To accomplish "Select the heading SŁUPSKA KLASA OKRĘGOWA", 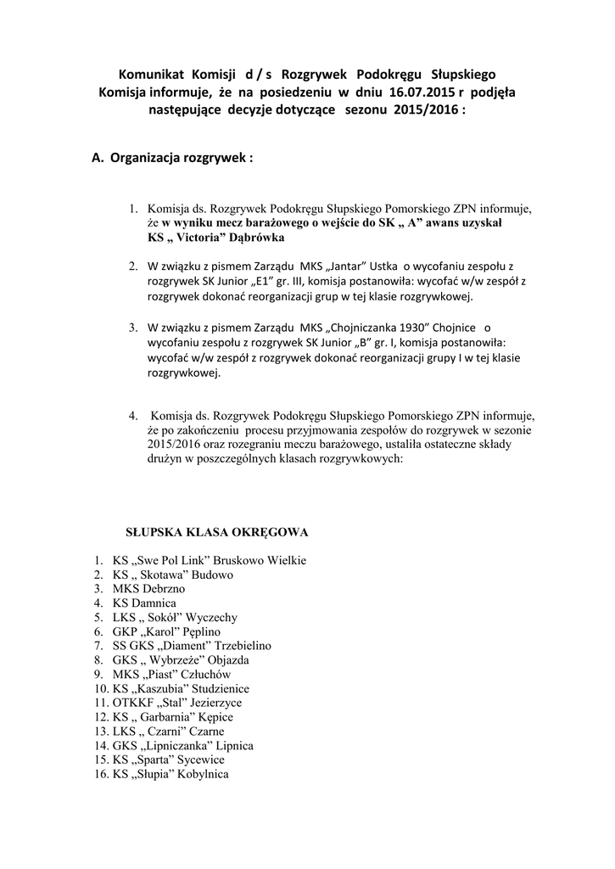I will (216, 533).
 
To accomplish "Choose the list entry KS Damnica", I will (143, 603).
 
